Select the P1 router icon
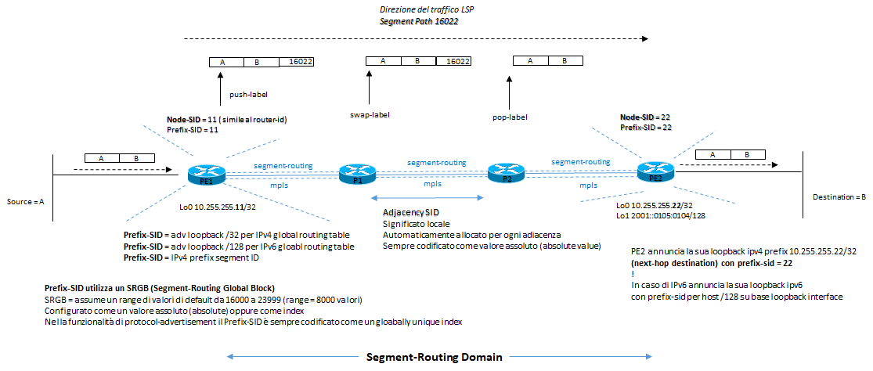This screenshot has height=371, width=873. pos(358,174)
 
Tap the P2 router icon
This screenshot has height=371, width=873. pos(504,173)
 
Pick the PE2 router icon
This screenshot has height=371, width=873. pos(655,172)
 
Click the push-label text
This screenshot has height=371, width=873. pos(248,95)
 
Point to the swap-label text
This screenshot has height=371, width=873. pos(370,114)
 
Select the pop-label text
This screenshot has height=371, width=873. pos(510,117)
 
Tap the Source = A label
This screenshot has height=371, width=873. pos(24,201)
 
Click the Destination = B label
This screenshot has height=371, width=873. pos(840,196)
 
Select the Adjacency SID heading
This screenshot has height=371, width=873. pos(410,212)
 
